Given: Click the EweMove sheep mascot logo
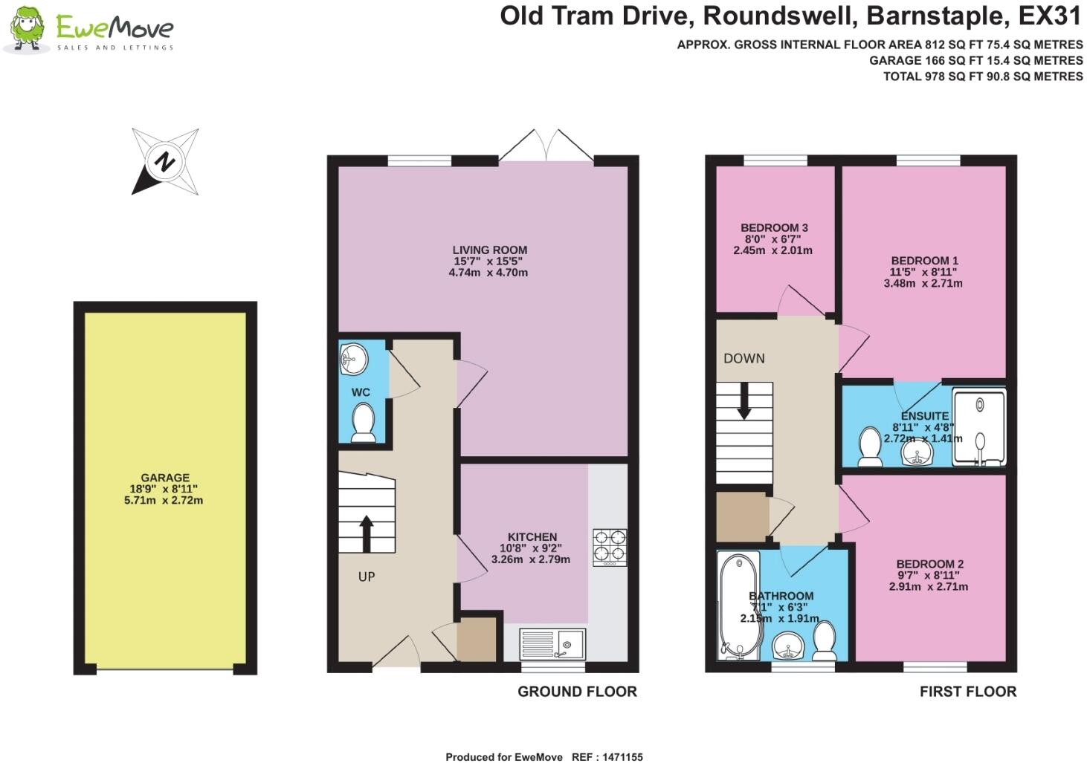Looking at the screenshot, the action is pyautogui.click(x=27, y=29).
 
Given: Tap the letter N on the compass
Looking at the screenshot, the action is pyautogui.click(x=165, y=161).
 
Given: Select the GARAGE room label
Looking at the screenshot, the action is pyautogui.click(x=165, y=478).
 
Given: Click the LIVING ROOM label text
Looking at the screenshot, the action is pyautogui.click(x=490, y=250).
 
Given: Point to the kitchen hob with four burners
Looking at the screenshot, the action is pyautogui.click(x=610, y=548).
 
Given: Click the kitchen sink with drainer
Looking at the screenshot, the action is pyautogui.click(x=552, y=644).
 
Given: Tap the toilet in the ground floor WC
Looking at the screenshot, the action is pyautogui.click(x=363, y=423).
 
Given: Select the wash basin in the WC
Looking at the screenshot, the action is pyautogui.click(x=353, y=359).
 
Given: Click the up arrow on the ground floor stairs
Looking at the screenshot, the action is pyautogui.click(x=367, y=533).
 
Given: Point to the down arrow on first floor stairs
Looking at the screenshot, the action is pyautogui.click(x=744, y=401).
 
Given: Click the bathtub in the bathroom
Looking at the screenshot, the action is pyautogui.click(x=738, y=606).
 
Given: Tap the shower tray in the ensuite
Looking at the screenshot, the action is pyautogui.click(x=978, y=427).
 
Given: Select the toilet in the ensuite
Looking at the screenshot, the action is pyautogui.click(x=870, y=447).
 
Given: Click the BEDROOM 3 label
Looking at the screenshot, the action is pyautogui.click(x=774, y=228).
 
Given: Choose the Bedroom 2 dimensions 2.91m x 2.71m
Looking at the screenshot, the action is pyautogui.click(x=929, y=586).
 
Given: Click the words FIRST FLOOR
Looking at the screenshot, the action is pyautogui.click(x=967, y=691).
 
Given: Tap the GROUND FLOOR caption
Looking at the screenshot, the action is pyautogui.click(x=577, y=691).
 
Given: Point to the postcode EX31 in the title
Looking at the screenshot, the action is pyautogui.click(x=1050, y=16).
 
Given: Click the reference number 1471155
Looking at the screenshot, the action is pyautogui.click(x=622, y=757).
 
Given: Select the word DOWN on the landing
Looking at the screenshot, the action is pyautogui.click(x=744, y=358).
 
